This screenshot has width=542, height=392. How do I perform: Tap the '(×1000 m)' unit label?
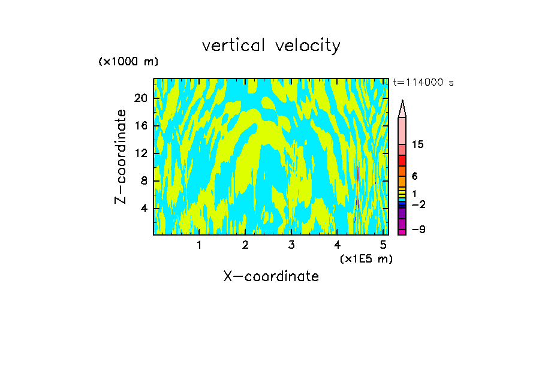tap(128, 62)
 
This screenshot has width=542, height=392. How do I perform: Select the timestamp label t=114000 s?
tap(423, 83)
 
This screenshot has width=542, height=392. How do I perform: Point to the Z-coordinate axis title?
tap(121, 156)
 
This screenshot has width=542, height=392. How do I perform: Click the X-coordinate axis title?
tap(271, 276)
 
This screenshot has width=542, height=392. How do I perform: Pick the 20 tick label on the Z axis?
tap(140, 98)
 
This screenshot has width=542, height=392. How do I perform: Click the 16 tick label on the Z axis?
tap(140, 126)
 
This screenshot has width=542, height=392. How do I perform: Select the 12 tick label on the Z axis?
tap(140, 153)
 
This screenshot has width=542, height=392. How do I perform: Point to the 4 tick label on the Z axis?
tap(144, 208)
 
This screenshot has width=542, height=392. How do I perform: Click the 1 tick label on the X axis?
tap(199, 245)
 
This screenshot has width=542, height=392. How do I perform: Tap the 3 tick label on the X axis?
tap(291, 245)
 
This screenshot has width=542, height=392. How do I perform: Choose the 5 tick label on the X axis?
tap(383, 245)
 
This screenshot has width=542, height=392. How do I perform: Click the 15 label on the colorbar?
tap(418, 145)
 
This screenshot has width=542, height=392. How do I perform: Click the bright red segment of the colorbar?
tap(402, 161)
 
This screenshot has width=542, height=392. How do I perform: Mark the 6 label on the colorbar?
tap(414, 176)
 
